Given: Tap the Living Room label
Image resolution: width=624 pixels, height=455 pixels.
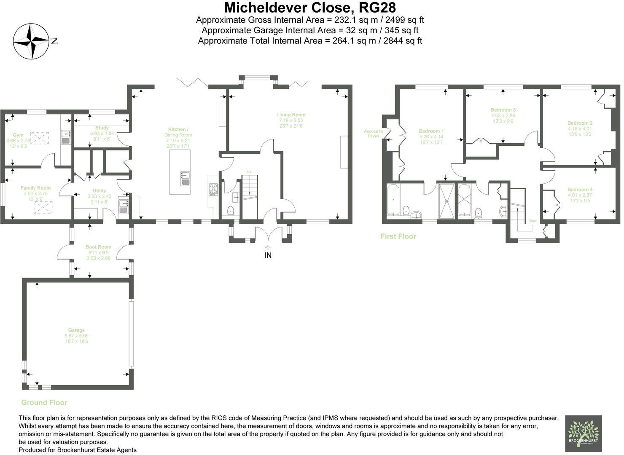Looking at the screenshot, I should point(291,115).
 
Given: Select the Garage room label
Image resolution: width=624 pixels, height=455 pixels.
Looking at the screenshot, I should point(76,330).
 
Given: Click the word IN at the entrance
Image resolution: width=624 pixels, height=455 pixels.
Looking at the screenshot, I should point(268,255).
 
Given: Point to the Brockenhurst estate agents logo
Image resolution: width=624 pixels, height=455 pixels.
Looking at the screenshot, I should point(583,434).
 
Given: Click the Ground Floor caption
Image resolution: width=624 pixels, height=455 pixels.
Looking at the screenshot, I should point(44,403).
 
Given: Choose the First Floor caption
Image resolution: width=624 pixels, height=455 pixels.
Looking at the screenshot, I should point(398,236).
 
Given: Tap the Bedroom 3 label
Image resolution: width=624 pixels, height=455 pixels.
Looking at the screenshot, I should point(503,110).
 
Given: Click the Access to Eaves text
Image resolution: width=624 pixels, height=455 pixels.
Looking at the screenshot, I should point(373,134).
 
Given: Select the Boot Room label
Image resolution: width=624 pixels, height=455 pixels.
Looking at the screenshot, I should point(98,247).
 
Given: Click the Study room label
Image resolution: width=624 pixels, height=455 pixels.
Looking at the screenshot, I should point(102,128).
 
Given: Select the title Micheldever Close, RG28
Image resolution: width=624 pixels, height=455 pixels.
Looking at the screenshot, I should point(310,8).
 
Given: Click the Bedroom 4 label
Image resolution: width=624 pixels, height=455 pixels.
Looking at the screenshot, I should point(580,190).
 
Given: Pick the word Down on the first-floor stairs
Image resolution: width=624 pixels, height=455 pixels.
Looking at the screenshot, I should point(533,221).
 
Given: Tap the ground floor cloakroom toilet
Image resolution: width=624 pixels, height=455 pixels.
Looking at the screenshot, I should point(231,210).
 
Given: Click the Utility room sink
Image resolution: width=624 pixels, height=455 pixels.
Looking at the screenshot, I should point(124,205).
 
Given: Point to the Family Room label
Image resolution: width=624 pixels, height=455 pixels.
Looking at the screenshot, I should point(35,188).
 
